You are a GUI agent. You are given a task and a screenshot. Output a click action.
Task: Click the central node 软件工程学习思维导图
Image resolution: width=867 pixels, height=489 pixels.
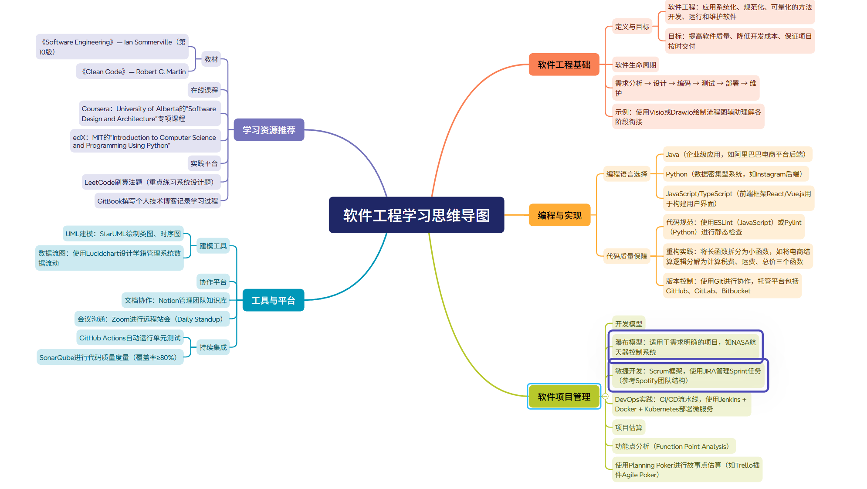click(416, 215)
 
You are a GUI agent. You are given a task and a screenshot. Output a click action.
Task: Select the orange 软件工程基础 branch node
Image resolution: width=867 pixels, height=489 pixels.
click(564, 65)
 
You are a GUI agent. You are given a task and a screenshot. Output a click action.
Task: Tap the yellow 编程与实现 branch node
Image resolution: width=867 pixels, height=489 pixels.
click(559, 215)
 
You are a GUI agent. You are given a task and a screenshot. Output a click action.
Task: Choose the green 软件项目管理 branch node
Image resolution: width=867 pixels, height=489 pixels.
click(564, 397)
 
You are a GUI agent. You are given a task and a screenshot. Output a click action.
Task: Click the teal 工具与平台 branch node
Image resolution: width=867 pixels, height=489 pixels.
click(273, 300)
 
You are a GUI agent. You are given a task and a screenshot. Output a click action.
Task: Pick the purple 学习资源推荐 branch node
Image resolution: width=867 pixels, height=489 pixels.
click(269, 130)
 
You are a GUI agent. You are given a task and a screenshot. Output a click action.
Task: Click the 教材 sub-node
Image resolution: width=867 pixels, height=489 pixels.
click(211, 59)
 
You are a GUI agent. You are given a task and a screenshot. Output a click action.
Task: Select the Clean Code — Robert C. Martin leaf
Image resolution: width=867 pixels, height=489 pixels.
click(134, 71)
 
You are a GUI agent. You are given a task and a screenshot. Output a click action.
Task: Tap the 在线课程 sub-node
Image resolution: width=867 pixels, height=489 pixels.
click(204, 90)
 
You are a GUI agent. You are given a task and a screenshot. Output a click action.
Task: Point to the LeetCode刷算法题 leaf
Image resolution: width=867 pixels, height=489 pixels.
click(151, 182)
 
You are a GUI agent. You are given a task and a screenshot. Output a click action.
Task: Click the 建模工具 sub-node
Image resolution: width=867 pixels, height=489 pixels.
click(213, 246)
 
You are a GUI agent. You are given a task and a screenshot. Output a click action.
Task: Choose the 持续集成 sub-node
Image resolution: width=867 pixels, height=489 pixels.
click(213, 347)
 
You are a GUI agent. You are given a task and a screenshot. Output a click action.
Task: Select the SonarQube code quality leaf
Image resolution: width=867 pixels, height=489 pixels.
click(110, 357)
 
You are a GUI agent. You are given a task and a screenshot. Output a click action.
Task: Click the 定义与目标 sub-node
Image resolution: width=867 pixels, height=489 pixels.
click(632, 27)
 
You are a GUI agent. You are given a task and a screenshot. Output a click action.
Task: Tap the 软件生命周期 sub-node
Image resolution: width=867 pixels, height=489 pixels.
click(635, 65)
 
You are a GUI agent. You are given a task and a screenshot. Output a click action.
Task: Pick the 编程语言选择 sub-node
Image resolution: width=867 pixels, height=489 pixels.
click(627, 174)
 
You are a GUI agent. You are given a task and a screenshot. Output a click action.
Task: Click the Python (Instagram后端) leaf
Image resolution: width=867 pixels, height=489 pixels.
click(735, 174)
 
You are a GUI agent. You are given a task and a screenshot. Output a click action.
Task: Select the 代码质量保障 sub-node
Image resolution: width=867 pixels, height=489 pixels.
click(627, 256)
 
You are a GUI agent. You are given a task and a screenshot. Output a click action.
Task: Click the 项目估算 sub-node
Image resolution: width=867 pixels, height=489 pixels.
click(628, 428)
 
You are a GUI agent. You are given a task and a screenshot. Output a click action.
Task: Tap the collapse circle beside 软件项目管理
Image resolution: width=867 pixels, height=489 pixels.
click(605, 397)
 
